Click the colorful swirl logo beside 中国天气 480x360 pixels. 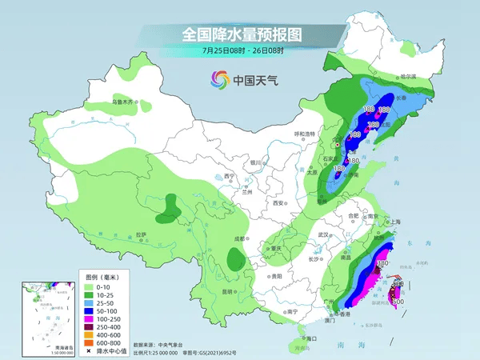coord(219,80)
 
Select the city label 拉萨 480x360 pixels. coord(141,234)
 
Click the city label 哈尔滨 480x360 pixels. coord(409,76)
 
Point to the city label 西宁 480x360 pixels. coord(229,176)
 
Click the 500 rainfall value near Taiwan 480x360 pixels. coord(394,301)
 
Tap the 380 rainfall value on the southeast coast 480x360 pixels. coord(382,263)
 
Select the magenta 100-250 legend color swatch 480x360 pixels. coord(90,318)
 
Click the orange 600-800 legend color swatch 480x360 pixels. coord(90,342)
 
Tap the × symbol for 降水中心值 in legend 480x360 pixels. coord(90,350)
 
